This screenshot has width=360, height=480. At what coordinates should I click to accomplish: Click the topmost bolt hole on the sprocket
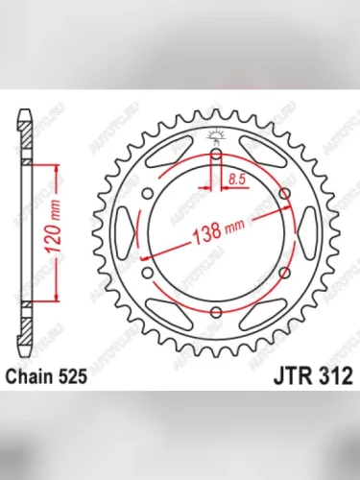[216, 153]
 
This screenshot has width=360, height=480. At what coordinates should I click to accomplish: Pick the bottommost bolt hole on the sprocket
[216, 312]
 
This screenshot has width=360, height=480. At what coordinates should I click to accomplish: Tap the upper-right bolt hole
[285, 192]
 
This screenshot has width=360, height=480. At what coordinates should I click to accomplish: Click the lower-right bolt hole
[285, 272]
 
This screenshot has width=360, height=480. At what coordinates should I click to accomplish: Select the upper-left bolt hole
[147, 192]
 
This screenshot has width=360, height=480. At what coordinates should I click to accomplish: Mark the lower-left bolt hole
[147, 272]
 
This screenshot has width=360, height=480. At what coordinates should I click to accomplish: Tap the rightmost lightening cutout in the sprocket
[307, 232]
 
